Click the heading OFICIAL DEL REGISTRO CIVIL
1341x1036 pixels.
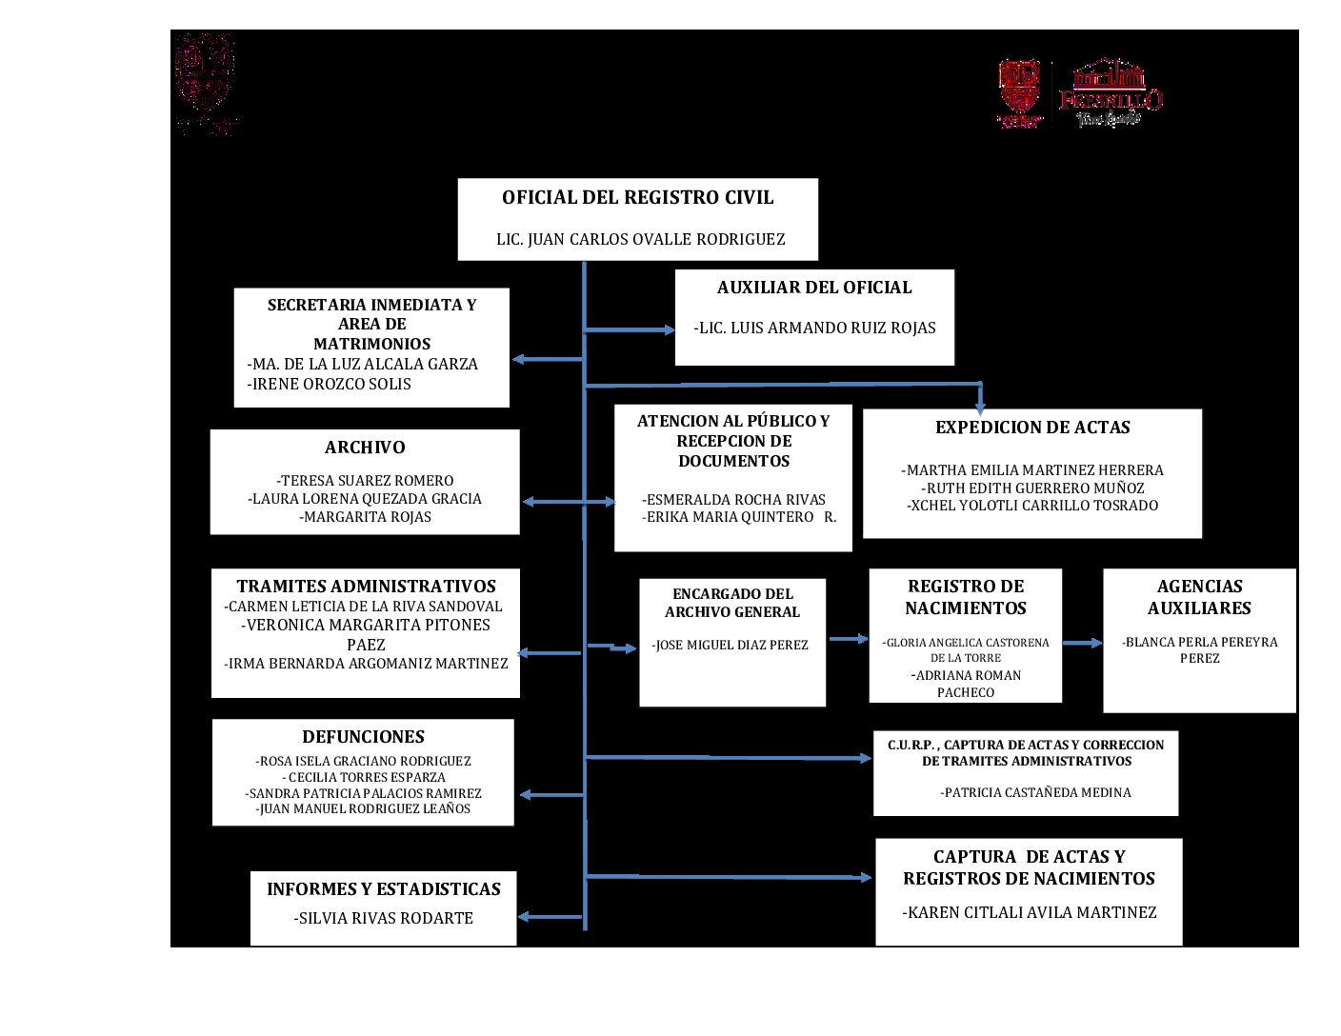[x=637, y=198]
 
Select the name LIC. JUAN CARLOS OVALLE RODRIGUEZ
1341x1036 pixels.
[x=640, y=240]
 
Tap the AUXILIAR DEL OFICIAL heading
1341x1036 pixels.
[x=814, y=288]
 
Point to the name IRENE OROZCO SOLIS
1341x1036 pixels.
[x=330, y=385]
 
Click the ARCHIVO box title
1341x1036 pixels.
[x=365, y=448]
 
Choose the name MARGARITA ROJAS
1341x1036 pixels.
[x=366, y=517]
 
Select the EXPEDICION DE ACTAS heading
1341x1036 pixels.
[x=1032, y=428]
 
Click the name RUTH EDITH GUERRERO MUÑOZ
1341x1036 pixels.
[x=1032, y=488]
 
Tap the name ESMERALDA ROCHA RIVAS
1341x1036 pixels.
[x=733, y=500]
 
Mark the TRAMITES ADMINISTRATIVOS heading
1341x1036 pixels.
[x=367, y=587]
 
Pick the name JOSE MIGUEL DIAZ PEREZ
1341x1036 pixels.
[x=731, y=646]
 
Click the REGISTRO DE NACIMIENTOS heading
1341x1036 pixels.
[x=966, y=597]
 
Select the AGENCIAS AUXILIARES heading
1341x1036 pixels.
[x=1199, y=597]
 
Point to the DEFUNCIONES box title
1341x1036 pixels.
[x=363, y=737]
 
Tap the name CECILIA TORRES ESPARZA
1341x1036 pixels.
[x=364, y=778]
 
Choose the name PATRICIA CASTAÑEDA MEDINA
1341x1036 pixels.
[x=1035, y=792]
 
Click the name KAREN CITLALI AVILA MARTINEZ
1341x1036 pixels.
[x=1030, y=913]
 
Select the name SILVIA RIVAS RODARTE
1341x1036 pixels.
[x=384, y=919]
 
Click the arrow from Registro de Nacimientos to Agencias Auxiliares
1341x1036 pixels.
[x=1082, y=644]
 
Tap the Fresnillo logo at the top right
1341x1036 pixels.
[x=1111, y=92]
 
